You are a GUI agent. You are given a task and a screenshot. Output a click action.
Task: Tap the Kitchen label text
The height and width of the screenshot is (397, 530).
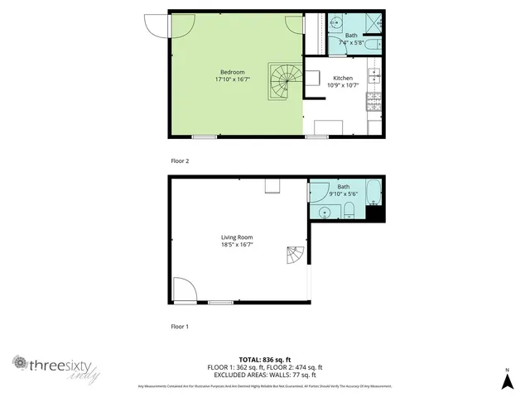click(343, 78)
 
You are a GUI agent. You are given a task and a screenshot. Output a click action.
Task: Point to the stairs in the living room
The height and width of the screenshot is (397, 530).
click(296, 256)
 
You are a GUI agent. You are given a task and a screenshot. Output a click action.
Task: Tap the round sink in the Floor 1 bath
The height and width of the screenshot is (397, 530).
click(325, 212)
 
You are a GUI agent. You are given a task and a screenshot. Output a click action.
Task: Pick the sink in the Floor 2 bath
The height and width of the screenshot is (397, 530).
click(337, 23)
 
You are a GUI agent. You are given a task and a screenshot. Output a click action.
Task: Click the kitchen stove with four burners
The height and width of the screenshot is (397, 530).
click(374, 102)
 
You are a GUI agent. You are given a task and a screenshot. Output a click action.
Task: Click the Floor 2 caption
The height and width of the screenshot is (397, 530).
click(180, 160)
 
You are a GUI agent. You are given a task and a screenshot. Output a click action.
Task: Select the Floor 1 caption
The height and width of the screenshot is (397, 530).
click(180, 327)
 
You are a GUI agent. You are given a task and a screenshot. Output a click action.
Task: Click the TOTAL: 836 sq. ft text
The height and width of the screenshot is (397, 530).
click(264, 359)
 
